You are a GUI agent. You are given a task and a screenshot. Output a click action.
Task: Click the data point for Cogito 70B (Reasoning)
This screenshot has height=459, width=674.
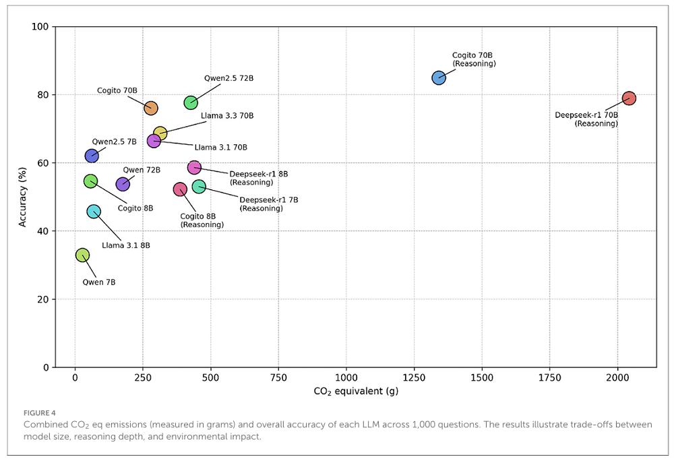point(439,78)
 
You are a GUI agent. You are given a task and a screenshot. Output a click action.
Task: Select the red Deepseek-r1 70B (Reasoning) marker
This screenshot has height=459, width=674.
point(629,98)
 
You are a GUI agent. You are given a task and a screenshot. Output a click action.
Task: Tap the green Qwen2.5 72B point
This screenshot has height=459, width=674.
point(191,102)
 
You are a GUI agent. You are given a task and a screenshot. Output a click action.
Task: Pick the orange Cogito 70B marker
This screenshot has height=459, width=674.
point(151,108)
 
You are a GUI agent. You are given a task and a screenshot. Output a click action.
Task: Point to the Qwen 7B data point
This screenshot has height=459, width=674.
point(82,255)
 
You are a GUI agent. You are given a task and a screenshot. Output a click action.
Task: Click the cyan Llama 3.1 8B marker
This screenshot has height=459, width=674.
point(94,212)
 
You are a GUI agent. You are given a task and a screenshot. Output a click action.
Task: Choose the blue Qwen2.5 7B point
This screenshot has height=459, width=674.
point(92,156)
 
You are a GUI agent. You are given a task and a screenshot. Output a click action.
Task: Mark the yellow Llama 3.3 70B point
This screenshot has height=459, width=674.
point(160,133)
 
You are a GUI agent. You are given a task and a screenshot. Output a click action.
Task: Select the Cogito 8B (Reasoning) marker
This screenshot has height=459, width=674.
point(180,189)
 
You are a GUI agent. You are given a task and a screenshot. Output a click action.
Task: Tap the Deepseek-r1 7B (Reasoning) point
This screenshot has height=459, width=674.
point(199,186)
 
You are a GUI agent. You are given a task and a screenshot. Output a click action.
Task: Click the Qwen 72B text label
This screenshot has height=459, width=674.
point(142,170)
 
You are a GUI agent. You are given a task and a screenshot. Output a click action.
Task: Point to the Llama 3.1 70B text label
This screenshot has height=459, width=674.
point(220,148)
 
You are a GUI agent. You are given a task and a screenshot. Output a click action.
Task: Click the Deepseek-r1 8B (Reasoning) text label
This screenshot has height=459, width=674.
point(258,178)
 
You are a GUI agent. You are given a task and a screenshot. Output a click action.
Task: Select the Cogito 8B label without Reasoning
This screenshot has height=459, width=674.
point(135,208)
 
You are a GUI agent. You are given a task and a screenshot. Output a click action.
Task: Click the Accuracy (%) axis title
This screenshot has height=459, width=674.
point(23,197)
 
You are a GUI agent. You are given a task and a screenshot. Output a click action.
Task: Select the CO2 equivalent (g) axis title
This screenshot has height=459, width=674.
point(356,392)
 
